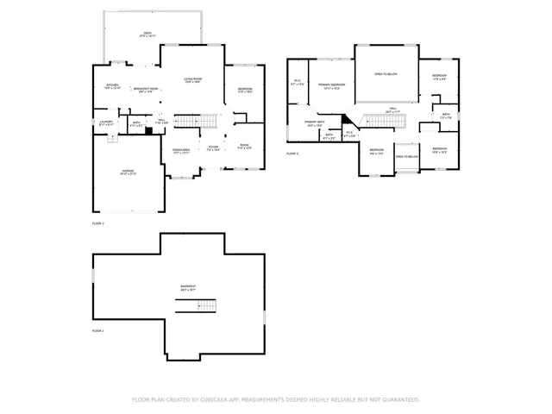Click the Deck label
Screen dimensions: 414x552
(147, 34)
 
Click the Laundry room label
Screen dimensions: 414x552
(106, 122)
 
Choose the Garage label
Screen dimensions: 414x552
(127, 172)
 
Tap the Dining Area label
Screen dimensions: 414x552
(182, 151)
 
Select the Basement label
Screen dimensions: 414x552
(187, 288)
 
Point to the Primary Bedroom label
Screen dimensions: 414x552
(331, 85)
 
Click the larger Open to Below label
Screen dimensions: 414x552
(386, 75)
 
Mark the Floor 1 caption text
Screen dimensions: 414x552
(97, 330)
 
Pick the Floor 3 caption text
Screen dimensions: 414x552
(292, 154)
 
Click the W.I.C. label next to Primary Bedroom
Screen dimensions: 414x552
(297, 83)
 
